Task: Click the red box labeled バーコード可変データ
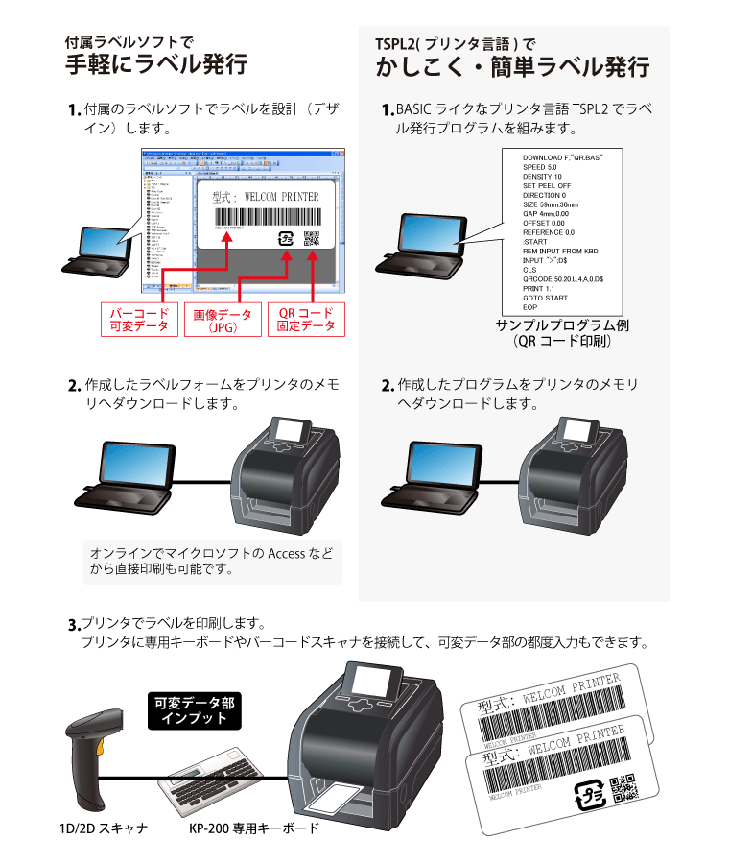139,320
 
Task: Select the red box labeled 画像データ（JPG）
223,320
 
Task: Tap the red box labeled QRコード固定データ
306,320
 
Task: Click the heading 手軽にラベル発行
156,65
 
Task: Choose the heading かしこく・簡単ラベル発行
512,67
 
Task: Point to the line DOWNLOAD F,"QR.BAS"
562,156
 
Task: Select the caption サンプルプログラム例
562,325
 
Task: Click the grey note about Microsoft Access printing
211,562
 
